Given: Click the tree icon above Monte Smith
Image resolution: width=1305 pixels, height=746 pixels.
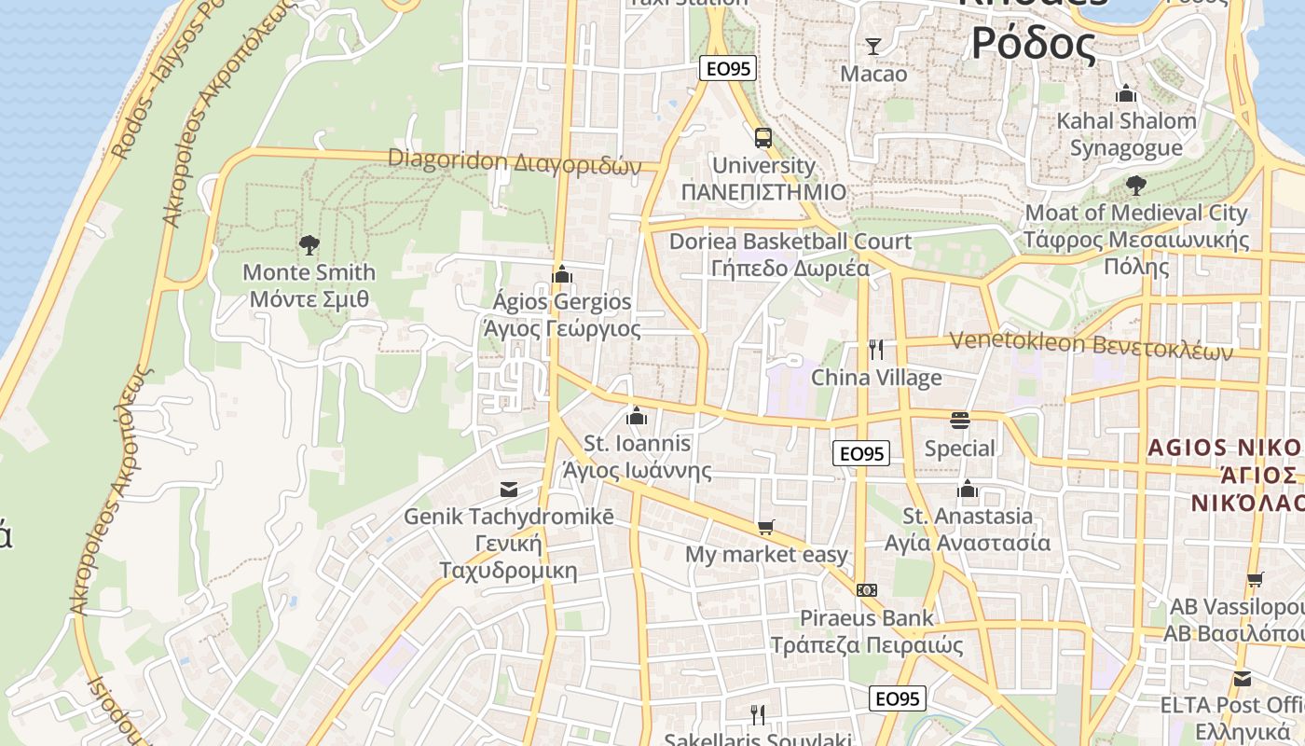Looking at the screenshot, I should pos(309,245).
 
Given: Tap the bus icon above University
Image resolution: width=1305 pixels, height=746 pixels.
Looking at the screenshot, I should pos(763,138).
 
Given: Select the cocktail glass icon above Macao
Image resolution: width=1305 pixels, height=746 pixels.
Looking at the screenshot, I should pos(873,46).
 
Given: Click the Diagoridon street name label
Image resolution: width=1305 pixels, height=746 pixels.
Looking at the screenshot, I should pos(515,160).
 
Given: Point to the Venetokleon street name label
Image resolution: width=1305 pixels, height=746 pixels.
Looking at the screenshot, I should pos(1091,345).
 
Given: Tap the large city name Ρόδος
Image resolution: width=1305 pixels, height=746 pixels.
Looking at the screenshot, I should pos(1033,42).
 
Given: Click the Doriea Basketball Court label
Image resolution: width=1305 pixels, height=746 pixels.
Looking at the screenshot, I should pos(790,242).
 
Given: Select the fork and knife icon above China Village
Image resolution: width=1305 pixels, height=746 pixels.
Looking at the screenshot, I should pos(876,350).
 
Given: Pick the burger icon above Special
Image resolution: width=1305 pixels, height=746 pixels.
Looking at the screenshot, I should pos(960,421).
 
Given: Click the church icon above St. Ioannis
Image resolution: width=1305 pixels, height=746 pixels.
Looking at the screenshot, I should pos(637,416).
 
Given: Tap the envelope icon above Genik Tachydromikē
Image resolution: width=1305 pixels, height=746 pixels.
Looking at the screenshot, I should pos(509,489).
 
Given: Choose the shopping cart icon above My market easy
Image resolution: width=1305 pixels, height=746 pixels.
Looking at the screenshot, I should pos(766,528).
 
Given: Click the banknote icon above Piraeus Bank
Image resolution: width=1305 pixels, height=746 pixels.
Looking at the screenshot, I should pos(867,590).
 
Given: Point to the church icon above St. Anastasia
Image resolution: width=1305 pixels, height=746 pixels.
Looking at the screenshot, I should pos(968,489).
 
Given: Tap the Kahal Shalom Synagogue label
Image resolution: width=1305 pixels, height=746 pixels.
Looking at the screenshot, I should pos(1126,133).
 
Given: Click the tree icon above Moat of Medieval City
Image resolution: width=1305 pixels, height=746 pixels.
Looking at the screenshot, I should pos(1135,185).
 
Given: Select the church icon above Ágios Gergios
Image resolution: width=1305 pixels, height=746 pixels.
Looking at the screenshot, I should pos(561,274).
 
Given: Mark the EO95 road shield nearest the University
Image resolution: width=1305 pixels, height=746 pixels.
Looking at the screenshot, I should pos(728,68).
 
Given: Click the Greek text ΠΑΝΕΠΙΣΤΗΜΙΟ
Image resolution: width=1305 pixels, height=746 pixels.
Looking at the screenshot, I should pos(763,192).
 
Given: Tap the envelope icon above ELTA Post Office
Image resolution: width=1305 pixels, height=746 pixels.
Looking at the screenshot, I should pos(1243,678).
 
